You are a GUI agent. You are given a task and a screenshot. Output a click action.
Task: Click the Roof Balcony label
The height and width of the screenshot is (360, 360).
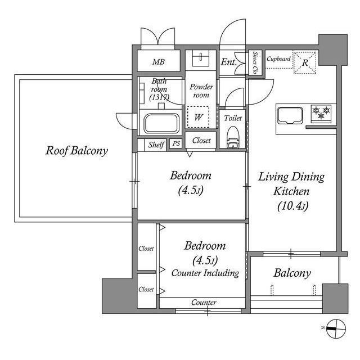[76, 151]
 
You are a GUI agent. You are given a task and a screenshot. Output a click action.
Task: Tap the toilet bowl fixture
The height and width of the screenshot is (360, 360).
[233, 137]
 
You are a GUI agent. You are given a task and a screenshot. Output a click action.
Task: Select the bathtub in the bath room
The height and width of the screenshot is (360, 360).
[161, 124]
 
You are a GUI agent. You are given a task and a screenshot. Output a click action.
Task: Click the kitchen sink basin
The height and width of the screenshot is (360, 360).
[290, 115]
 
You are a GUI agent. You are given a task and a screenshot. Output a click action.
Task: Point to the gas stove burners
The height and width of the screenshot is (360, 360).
[321, 112]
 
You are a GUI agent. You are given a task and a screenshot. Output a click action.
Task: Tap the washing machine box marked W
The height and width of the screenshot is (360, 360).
[198, 116]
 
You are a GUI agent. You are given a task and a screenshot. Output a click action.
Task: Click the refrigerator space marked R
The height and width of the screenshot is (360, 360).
[305, 62]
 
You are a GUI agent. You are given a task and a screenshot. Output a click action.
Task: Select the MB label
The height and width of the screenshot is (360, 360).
[159, 62]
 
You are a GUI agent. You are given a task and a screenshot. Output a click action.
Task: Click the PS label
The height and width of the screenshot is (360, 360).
[176, 144]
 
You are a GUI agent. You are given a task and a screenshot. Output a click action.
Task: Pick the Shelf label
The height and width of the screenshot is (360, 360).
[156, 145]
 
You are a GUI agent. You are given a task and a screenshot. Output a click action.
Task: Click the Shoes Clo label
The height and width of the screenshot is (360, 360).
[255, 62]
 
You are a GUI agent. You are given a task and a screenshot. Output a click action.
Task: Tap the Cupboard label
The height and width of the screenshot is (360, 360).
[278, 59]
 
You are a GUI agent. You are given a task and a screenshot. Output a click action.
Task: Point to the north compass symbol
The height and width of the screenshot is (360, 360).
[336, 328]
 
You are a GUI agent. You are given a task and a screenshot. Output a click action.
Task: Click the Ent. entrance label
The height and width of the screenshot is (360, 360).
[229, 62]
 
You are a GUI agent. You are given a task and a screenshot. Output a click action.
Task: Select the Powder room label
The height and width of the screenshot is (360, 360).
[201, 91]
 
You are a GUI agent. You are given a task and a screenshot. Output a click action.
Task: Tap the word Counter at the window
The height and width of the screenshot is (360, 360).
[204, 303]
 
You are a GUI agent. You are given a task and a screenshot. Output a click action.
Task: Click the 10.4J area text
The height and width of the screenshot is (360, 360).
[292, 206]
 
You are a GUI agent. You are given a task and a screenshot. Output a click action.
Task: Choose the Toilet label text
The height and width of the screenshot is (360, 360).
[233, 118]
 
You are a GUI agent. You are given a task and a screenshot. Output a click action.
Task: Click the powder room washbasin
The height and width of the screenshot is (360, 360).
[201, 58]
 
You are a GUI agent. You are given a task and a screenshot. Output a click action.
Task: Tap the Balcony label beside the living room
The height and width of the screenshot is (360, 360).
[292, 273]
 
